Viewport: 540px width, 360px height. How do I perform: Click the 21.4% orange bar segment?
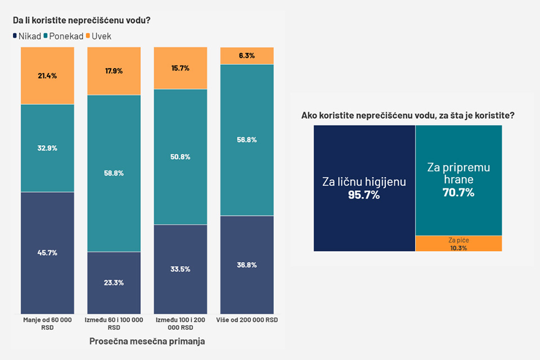[x=47, y=75]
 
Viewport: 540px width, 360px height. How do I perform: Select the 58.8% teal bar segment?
[x=114, y=173]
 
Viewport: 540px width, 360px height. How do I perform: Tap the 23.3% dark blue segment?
[x=114, y=282]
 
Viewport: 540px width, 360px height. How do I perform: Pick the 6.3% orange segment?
[x=246, y=56]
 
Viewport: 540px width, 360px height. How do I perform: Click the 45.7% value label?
[x=47, y=253]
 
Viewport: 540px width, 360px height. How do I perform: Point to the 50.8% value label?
[x=180, y=157]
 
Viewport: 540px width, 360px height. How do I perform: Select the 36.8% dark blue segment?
[x=246, y=264]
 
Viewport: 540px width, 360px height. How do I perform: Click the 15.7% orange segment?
[x=180, y=68]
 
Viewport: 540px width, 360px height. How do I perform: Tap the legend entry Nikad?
[x=26, y=36]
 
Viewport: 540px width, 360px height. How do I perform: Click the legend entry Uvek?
[x=101, y=36]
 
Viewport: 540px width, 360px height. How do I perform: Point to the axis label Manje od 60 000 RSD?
[x=47, y=323]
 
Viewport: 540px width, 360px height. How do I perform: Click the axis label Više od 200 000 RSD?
[x=246, y=320]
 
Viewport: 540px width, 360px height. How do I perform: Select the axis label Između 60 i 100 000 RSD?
[x=114, y=323]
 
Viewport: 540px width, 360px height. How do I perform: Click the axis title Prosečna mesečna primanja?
[x=147, y=341]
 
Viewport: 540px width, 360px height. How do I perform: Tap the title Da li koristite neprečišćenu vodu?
[x=82, y=21]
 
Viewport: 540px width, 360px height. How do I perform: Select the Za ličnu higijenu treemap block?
[x=364, y=188]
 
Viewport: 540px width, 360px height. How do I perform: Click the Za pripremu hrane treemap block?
[x=458, y=180]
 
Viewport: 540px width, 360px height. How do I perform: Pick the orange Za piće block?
[x=458, y=244]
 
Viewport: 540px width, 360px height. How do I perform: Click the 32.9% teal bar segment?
[x=47, y=148]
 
